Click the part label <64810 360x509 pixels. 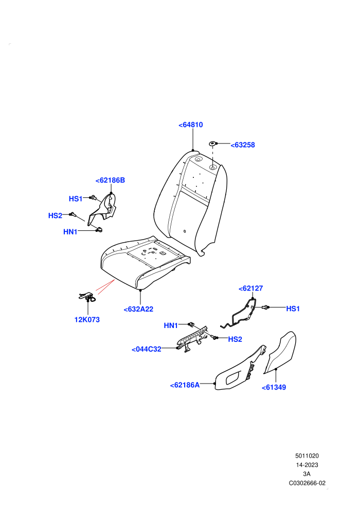[191, 125]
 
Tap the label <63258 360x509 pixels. [243, 145]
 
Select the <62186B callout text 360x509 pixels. [110, 180]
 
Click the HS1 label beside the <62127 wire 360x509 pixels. [293, 308]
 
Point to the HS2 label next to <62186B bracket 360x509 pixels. [55, 215]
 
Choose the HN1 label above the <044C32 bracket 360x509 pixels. [171, 325]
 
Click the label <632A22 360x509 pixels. [138, 310]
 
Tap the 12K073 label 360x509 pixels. [87, 320]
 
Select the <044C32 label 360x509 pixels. [147, 349]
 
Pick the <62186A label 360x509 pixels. [185, 385]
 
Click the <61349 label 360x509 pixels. [274, 387]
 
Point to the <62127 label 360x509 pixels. [250, 288]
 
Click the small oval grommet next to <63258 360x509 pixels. [212, 143]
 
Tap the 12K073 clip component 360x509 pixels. [87, 297]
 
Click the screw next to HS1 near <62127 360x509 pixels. [265, 307]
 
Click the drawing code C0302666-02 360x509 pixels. [307, 483]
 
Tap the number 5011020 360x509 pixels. [307, 456]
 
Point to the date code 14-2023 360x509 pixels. [307, 465]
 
